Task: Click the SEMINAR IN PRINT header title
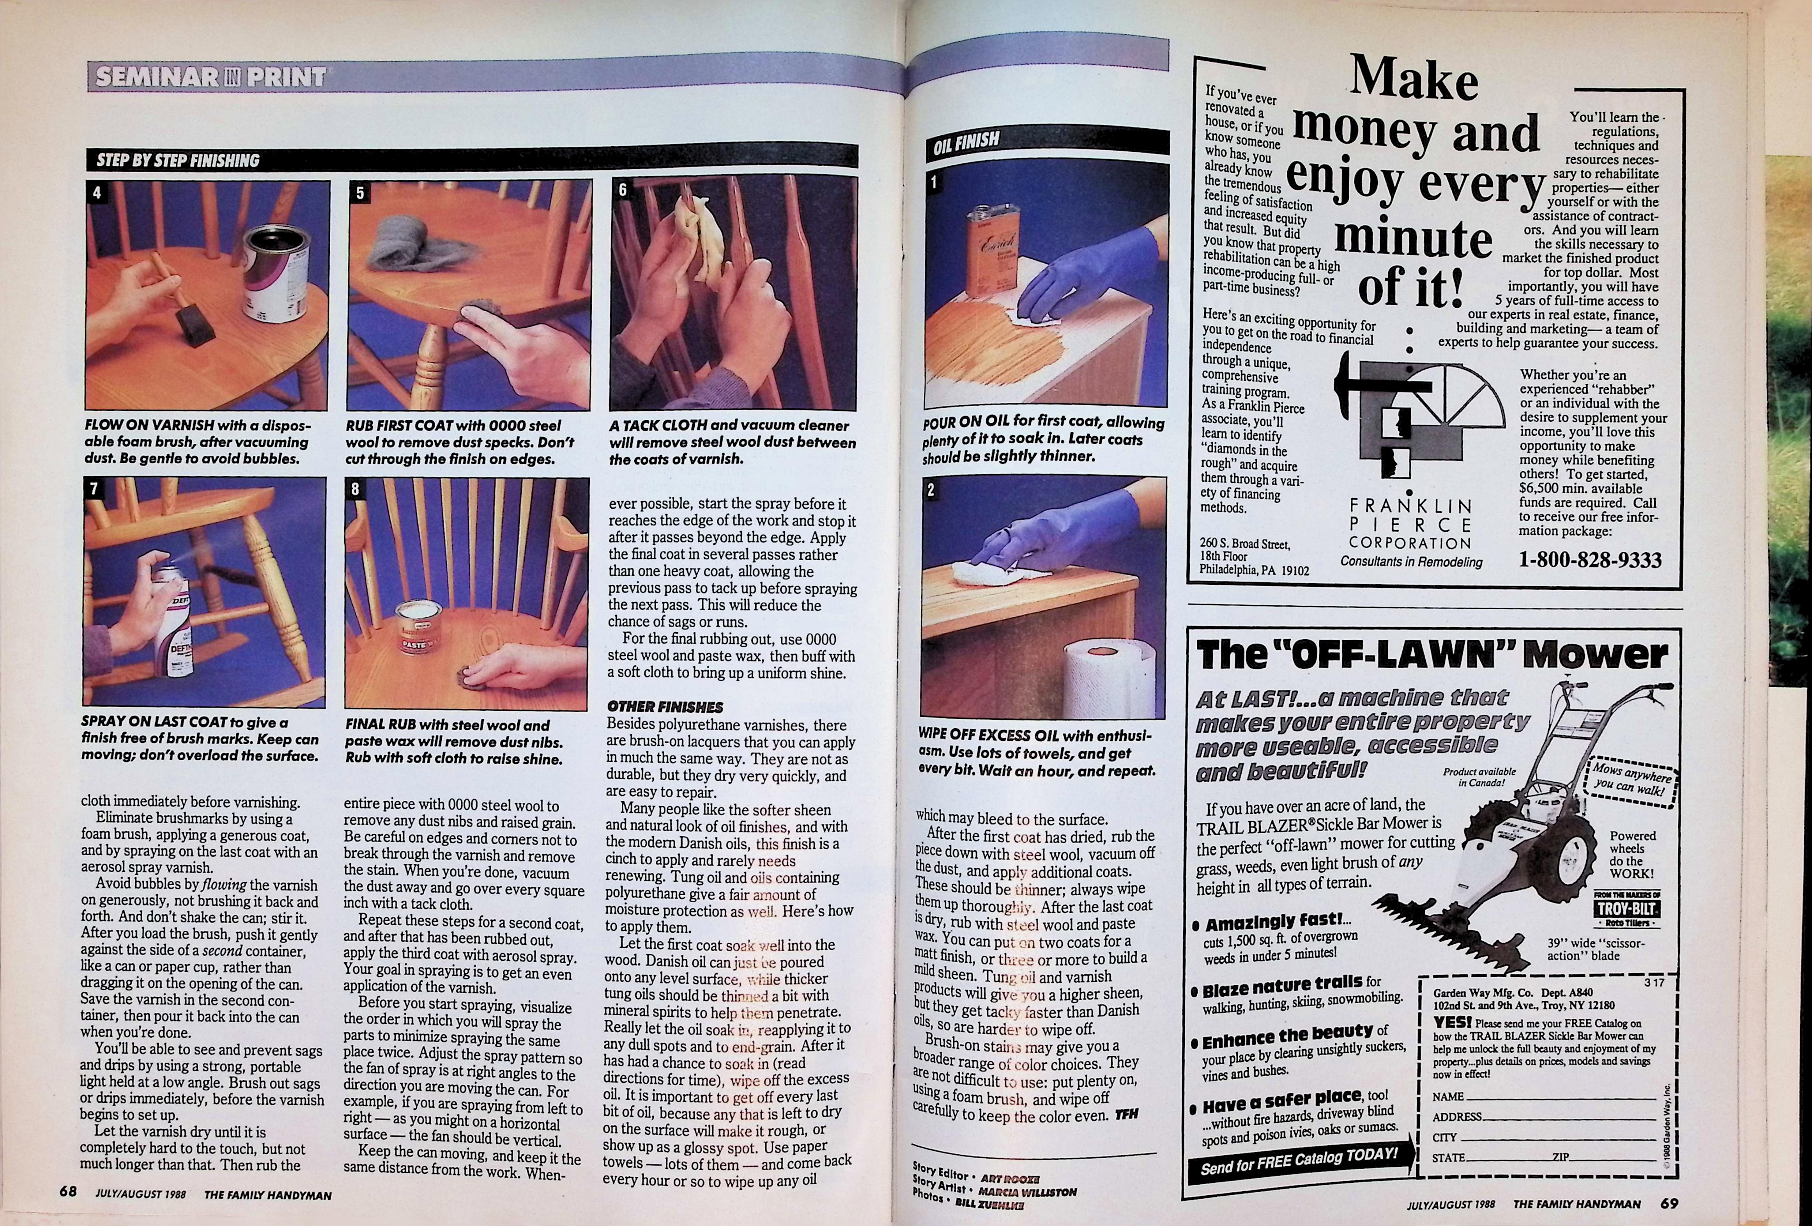pos(211,77)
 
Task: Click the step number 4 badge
pos(97,193)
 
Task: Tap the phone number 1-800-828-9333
pos(1590,560)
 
